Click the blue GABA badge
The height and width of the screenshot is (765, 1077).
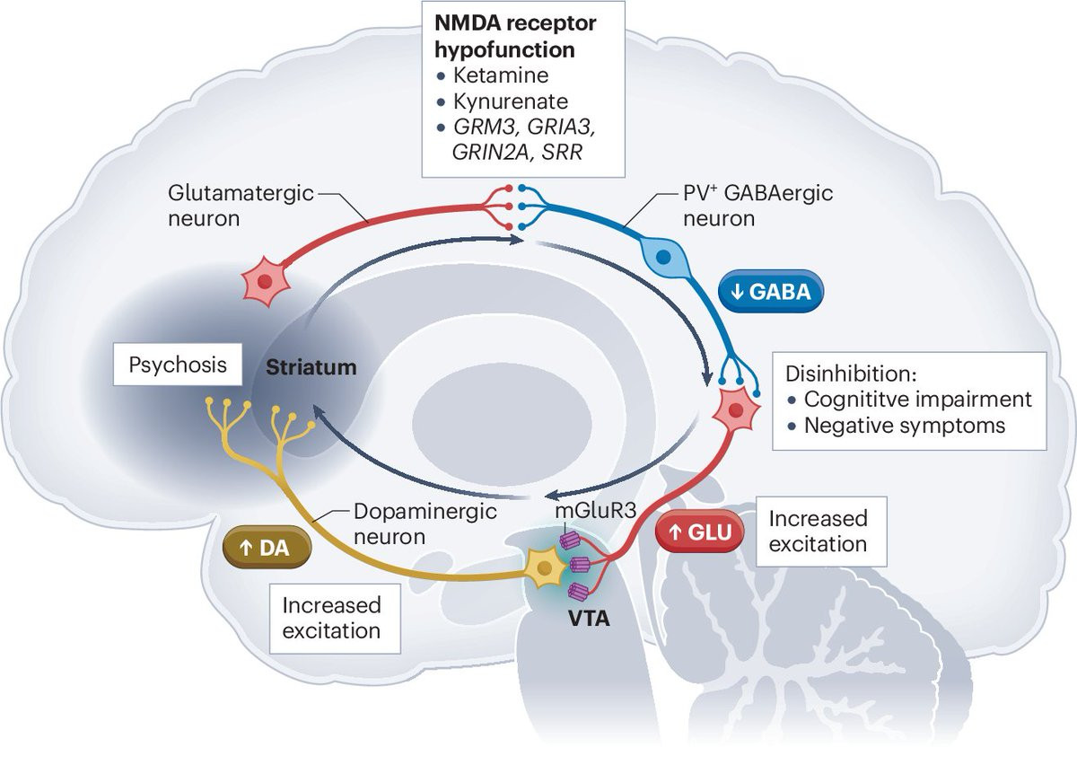771,294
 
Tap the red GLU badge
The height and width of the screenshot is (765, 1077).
699,532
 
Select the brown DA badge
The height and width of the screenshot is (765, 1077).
267,547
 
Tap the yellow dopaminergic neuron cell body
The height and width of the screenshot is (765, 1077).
545,569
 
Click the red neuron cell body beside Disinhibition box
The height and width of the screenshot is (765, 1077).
735,410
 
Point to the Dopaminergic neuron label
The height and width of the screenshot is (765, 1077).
390,524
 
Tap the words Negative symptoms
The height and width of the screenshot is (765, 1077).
905,425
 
